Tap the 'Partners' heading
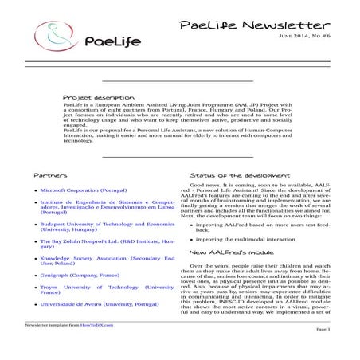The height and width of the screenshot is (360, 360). (x=49, y=174)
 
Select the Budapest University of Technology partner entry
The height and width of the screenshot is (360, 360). (x=107, y=229)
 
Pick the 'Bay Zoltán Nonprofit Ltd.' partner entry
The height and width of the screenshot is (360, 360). (x=107, y=244)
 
